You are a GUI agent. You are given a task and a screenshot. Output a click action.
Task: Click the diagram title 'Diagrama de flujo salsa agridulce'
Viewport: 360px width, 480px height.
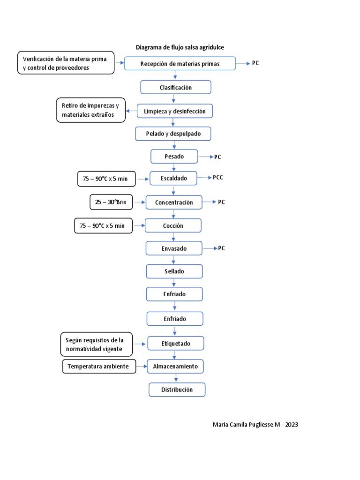pos(180,47)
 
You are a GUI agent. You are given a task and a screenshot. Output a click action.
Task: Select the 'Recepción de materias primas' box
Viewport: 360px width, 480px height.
pos(180,63)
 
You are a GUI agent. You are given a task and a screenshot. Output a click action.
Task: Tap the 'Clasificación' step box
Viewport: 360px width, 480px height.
pos(176,87)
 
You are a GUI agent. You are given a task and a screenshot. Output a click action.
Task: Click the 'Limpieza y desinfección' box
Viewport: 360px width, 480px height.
pos(174,111)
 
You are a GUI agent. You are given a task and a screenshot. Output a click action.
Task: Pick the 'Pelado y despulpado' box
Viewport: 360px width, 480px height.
pos(173,134)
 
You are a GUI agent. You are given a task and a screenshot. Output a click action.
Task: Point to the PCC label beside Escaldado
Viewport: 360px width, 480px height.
pos(218,178)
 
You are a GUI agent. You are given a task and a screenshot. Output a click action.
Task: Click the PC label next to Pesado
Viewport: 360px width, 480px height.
pos(217,157)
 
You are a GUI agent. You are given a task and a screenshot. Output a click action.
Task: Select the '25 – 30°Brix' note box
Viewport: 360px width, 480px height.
pos(111,202)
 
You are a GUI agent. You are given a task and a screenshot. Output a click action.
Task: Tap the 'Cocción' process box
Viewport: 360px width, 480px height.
pos(173,225)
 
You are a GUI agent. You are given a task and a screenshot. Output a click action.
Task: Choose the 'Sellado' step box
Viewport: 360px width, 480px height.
pos(174,271)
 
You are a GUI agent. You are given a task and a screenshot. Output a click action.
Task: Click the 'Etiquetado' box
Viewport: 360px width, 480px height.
pos(176,344)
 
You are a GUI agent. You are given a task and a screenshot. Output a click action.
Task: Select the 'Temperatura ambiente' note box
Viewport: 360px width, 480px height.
pos(99,367)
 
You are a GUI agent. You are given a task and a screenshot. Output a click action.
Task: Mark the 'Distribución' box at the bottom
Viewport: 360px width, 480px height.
pos(177,390)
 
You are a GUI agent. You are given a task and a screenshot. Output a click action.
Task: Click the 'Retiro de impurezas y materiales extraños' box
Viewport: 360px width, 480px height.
pos(91,110)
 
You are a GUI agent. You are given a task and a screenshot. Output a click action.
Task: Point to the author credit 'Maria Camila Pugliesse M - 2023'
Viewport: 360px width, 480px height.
pos(255,425)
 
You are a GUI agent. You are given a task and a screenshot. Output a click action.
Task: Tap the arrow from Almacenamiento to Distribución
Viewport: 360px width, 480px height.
pos(176,378)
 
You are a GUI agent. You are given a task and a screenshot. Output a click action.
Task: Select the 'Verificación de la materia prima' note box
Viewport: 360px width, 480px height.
pos(66,63)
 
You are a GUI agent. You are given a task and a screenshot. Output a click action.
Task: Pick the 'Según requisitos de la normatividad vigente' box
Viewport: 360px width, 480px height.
pos(97,345)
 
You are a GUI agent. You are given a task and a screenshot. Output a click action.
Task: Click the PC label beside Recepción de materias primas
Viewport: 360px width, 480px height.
pos(255,63)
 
